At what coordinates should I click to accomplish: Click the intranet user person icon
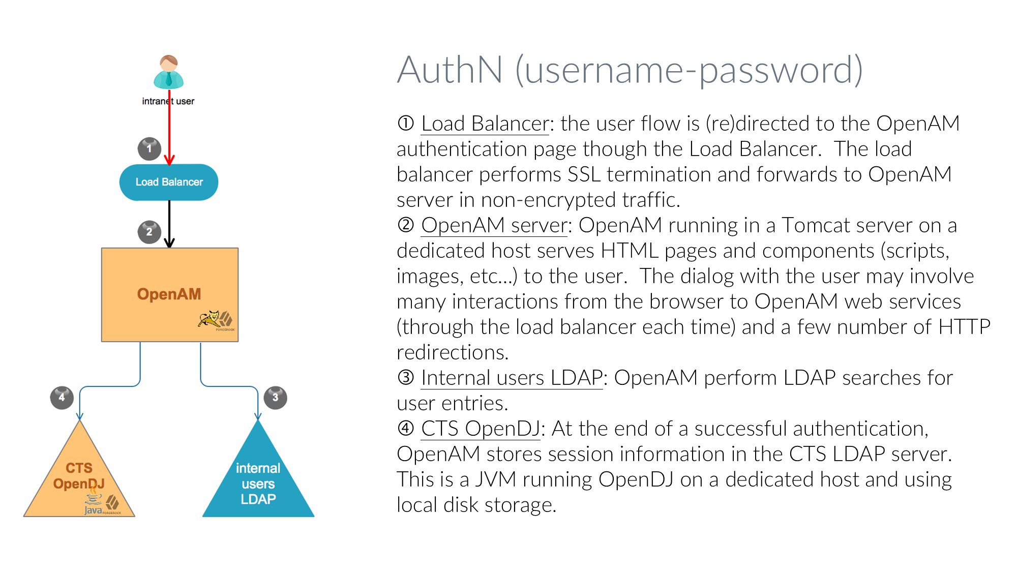pos(168,72)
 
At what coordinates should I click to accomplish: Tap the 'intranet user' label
pos(168,101)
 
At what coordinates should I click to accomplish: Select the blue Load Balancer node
pos(169,182)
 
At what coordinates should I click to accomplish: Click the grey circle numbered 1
pos(149,148)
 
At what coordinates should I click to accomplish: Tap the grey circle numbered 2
pos(149,232)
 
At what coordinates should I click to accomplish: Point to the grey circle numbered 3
pos(275,397)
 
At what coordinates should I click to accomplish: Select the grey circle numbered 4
pos(62,397)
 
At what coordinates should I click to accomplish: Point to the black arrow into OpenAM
pos(169,224)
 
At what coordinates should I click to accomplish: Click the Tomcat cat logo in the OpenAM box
pos(209,319)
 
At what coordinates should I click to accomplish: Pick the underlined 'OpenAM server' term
pos(494,225)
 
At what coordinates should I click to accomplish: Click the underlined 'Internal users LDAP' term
pos(512,378)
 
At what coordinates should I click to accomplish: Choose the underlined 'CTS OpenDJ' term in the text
pos(480,429)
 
